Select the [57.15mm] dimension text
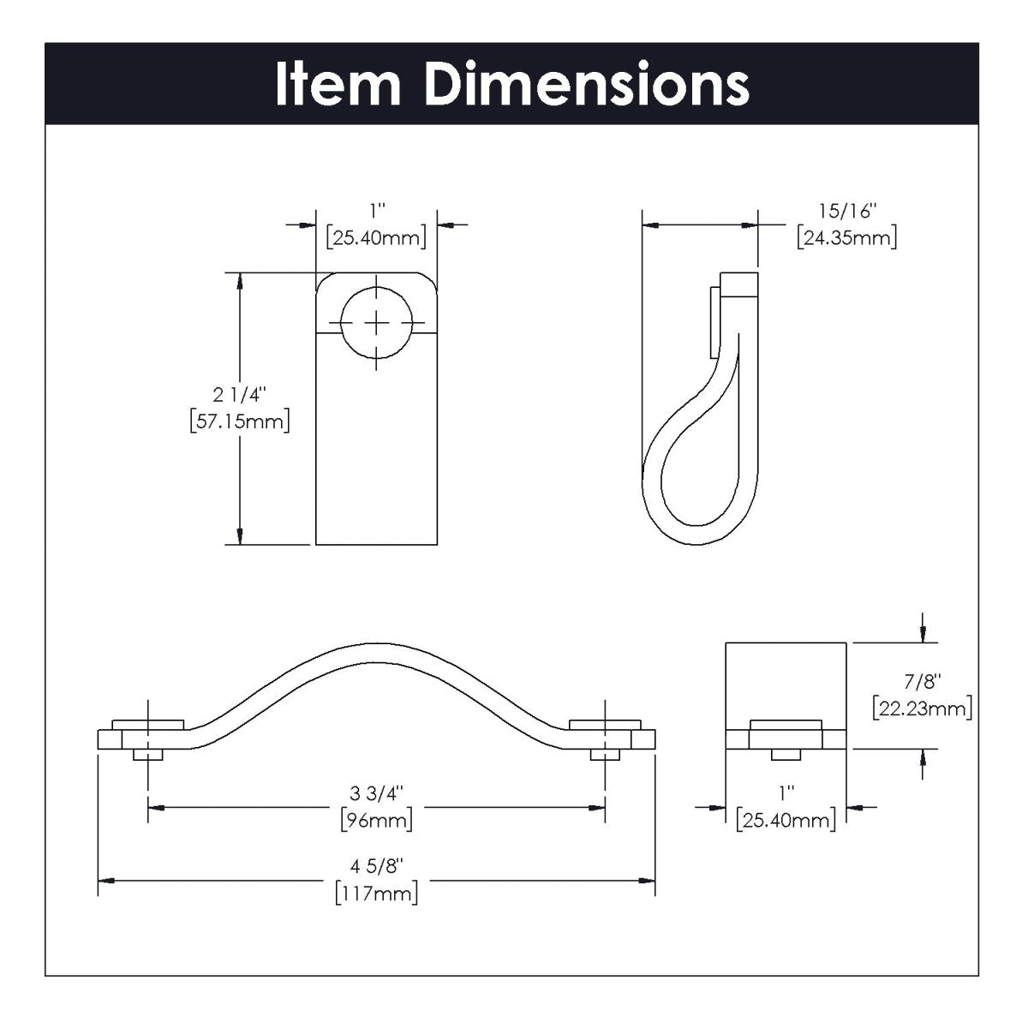pyautogui.click(x=240, y=421)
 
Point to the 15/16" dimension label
pyautogui.click(x=846, y=210)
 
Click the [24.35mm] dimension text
pyautogui.click(x=846, y=237)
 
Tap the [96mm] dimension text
pyautogui.click(x=377, y=820)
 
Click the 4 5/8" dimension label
pyautogui.click(x=377, y=865)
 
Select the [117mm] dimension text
pyautogui.click(x=377, y=894)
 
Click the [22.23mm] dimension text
pyautogui.click(x=922, y=708)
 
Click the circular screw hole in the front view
pyautogui.click(x=376, y=322)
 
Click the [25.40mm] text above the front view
pyautogui.click(x=376, y=237)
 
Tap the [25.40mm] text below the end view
pyautogui.click(x=786, y=820)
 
